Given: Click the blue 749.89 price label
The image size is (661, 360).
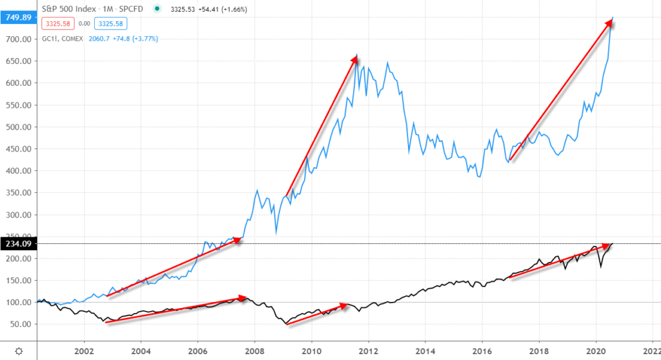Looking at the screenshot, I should [17, 17].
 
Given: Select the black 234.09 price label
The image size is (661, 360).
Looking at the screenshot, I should [17, 243].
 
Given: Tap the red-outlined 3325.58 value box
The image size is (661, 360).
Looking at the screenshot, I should [57, 25].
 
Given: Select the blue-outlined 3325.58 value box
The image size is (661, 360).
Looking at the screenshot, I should [110, 25].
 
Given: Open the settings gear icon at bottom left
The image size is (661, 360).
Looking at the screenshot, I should [19, 351].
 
